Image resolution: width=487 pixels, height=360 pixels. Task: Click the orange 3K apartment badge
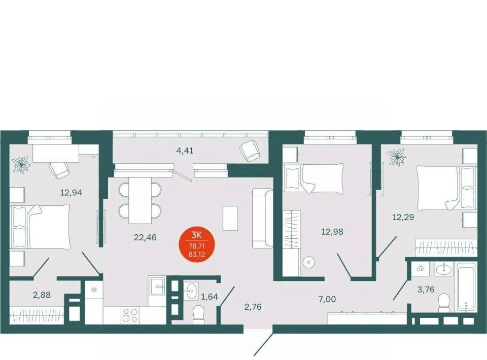(197, 245)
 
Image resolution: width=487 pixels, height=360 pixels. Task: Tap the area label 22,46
(145, 238)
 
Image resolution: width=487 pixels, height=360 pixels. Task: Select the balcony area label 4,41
(185, 151)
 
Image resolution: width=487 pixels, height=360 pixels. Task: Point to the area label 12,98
(332, 232)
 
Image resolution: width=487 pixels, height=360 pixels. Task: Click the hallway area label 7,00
(327, 299)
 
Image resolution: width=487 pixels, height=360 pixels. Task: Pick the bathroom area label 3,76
(426, 290)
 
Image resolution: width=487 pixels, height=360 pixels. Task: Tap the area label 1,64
(210, 297)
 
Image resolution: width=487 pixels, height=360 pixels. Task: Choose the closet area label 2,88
(42, 295)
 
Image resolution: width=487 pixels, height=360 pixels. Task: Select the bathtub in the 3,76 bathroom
(465, 287)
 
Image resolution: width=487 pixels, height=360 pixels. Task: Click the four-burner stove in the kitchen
(130, 315)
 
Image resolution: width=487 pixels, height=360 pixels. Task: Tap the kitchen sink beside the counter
(157, 286)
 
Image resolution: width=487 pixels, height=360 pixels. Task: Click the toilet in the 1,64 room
(198, 314)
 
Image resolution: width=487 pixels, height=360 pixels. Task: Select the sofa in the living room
(262, 218)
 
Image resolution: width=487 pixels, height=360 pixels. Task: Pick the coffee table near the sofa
(230, 218)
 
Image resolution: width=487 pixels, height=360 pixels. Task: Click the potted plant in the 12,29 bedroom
(396, 157)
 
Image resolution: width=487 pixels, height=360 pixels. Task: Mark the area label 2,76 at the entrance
(253, 307)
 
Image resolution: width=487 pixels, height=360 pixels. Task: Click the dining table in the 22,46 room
(141, 200)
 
